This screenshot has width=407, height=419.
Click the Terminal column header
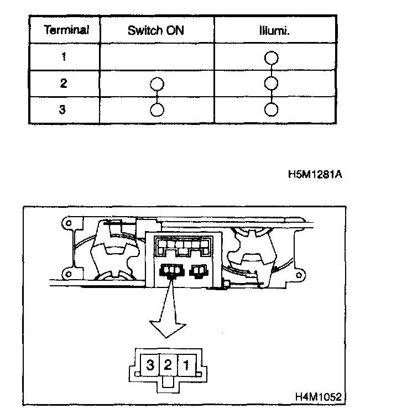coord(65,30)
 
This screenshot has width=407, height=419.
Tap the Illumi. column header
coord(275,30)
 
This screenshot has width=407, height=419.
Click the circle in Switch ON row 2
coord(157,84)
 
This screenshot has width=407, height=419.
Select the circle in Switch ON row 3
coord(157,109)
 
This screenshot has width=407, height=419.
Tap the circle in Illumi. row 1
coord(271,58)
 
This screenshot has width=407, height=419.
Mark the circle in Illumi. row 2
coord(271,84)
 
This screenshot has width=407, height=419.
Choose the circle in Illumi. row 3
coord(271,109)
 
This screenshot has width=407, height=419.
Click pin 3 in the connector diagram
coord(150,365)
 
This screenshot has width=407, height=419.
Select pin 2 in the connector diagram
coord(169,365)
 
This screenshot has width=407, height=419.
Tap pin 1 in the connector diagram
coord(188,365)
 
